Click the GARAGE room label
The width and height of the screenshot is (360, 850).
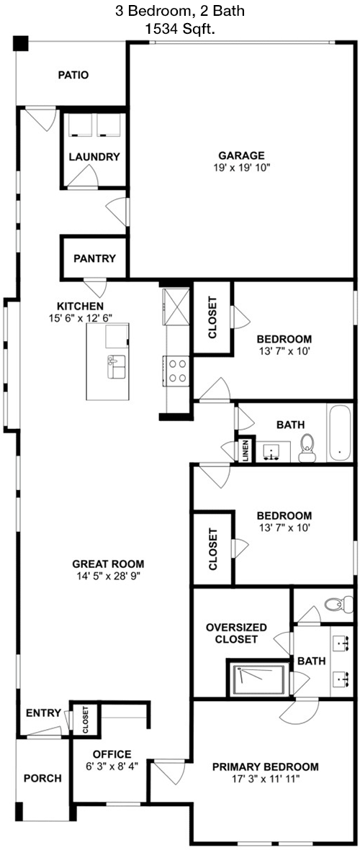tap(241, 155)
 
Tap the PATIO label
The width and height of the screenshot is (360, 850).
tap(73, 76)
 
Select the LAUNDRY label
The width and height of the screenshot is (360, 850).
tap(94, 157)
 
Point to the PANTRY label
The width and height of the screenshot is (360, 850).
tap(95, 258)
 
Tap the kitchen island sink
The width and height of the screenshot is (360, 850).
tap(117, 367)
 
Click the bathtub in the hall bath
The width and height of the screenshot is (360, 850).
tap(340, 433)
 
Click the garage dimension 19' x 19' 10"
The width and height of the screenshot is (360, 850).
tap(242, 168)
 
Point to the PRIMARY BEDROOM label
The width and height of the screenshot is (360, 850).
tap(265, 767)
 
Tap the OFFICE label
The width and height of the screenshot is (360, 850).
tap(112, 754)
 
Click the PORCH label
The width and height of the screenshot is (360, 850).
tap(42, 779)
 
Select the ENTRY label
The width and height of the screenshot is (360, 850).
tap(43, 713)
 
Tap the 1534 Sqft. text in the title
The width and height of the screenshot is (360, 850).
tap(180, 29)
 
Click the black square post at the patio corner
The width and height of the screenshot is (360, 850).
tap(21, 43)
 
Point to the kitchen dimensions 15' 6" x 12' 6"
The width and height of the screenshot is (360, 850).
tap(80, 317)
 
